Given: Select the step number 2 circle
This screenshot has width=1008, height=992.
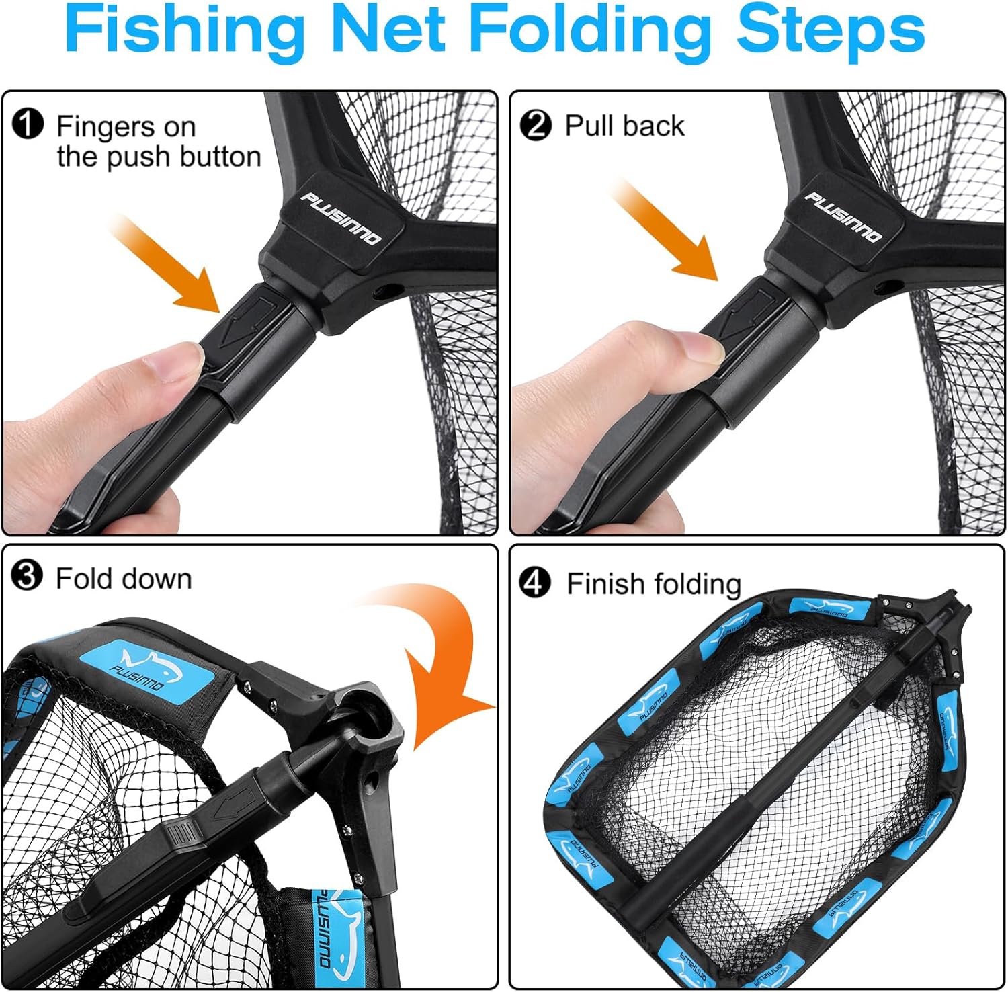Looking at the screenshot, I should tap(536, 126).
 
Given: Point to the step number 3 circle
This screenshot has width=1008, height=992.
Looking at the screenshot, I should tap(28, 577).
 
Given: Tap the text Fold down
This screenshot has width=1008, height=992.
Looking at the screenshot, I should tap(124, 579).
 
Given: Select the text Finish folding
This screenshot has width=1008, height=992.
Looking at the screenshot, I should tap(653, 583).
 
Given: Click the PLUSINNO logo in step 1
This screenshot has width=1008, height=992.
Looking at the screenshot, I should tap(340, 218).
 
